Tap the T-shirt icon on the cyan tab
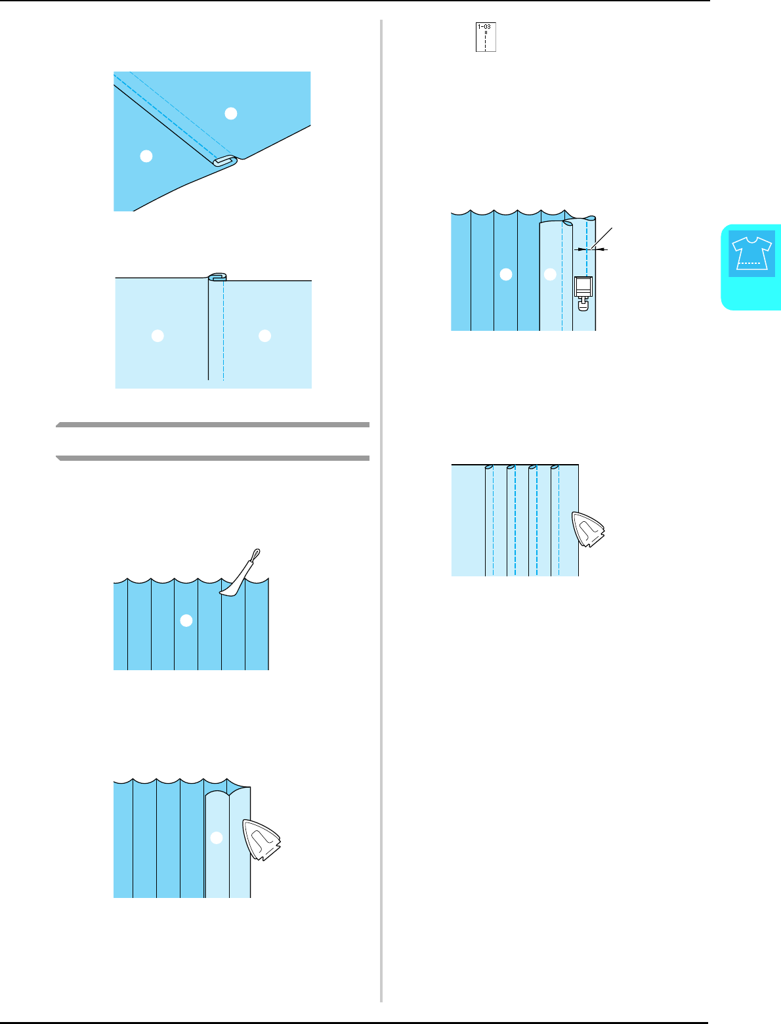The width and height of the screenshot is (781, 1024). [751, 254]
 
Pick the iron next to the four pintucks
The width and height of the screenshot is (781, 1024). [589, 530]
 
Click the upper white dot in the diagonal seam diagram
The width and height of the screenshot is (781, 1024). [230, 114]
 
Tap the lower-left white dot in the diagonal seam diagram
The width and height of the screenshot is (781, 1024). [146, 156]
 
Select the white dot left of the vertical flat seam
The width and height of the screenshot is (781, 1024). [158, 335]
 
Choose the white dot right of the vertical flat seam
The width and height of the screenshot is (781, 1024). [264, 335]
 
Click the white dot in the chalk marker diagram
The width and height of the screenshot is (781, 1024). [186, 620]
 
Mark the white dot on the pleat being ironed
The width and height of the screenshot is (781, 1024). [217, 838]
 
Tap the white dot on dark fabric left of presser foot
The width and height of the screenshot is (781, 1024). [505, 275]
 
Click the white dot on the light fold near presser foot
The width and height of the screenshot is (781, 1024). [550, 275]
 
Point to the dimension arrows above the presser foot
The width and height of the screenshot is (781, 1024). [591, 249]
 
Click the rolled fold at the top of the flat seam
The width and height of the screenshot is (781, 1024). [218, 276]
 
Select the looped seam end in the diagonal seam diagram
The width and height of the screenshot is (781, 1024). [224, 161]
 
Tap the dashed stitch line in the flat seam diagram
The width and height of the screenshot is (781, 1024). [224, 328]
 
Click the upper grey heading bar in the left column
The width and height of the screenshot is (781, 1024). [213, 425]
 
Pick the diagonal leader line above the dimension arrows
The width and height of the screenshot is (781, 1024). [603, 236]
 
